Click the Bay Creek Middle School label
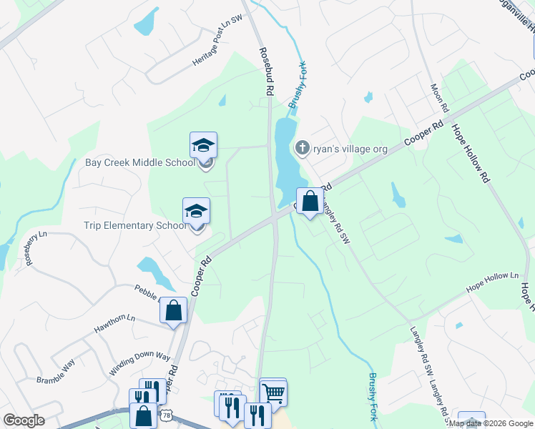[x=139, y=162]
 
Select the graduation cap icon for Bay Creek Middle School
[x=203, y=146]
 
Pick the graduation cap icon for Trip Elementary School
[x=196, y=211]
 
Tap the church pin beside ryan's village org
[x=302, y=149]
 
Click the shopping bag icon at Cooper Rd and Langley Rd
[x=310, y=202]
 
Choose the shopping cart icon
[x=273, y=391]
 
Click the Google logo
[x=24, y=420]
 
